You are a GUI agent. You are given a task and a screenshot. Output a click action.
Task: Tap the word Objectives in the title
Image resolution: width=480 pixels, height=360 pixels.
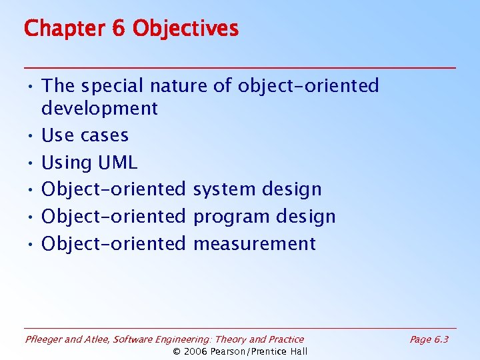[185, 29]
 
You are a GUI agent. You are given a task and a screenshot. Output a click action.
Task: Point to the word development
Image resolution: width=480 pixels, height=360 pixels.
[99, 109]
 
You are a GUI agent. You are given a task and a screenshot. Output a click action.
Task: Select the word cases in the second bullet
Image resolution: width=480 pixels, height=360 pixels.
[107, 135]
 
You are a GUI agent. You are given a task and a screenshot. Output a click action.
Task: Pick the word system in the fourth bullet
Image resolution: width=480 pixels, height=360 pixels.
[224, 190]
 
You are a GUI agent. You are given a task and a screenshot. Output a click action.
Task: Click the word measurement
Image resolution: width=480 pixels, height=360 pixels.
[254, 244]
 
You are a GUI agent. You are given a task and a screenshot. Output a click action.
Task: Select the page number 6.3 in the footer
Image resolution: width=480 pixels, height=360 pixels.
[440, 339]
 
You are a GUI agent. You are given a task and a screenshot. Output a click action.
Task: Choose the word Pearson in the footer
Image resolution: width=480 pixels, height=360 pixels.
[229, 351]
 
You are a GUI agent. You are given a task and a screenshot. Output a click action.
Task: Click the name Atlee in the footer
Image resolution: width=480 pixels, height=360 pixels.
[97, 339]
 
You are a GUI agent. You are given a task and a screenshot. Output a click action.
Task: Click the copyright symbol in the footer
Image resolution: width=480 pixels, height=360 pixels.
[177, 351]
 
